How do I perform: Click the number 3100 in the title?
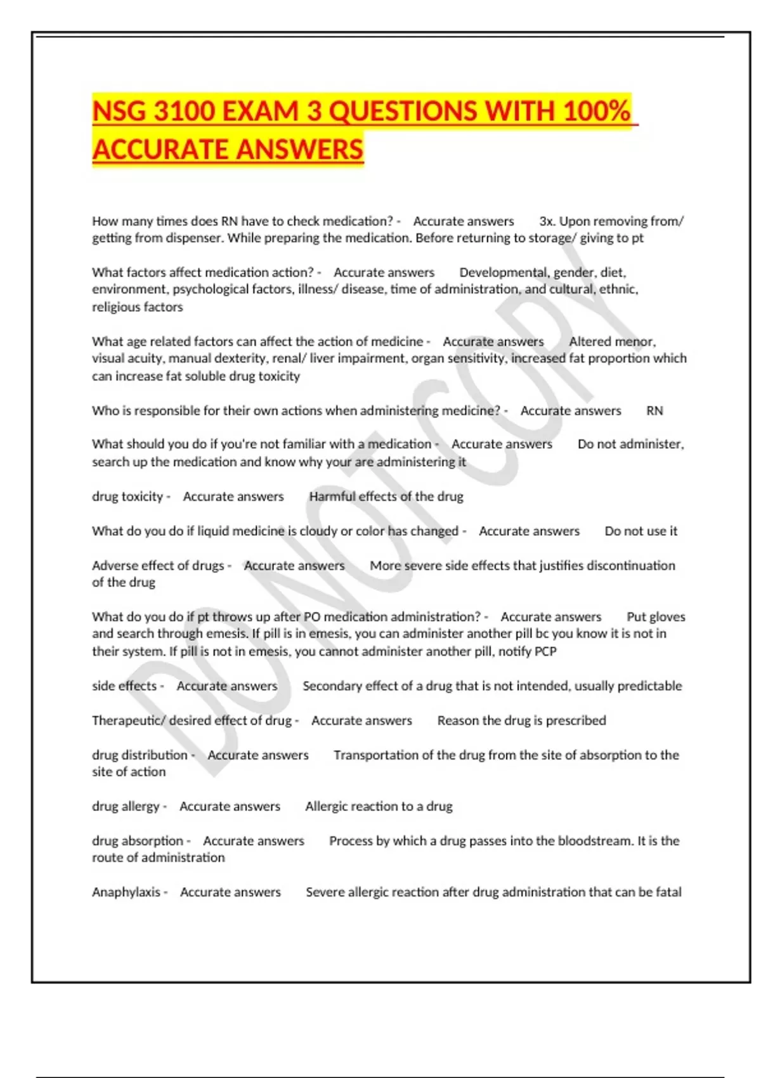[185, 112]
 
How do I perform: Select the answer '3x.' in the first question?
[546, 221]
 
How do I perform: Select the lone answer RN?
[654, 411]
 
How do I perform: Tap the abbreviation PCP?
[545, 651]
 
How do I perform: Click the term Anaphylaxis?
[126, 892]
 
